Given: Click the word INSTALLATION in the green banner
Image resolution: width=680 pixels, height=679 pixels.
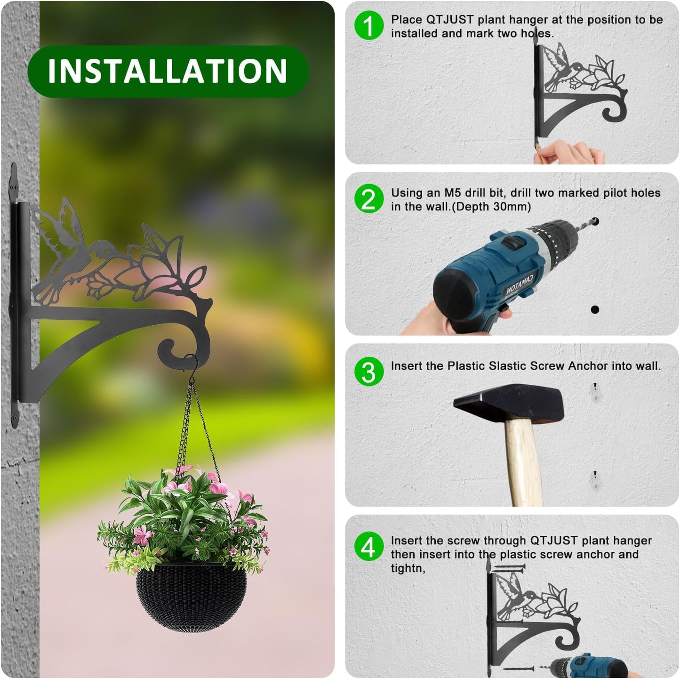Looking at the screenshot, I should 168,71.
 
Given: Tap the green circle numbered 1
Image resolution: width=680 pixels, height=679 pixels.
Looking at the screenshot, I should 368,26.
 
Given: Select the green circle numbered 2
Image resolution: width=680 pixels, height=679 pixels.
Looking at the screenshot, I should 368,199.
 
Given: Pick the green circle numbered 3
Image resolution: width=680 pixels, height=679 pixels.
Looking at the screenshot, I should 368,372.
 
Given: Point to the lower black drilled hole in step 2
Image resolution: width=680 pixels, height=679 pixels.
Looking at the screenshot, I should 595,309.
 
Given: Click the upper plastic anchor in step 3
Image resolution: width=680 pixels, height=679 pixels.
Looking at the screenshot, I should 595,393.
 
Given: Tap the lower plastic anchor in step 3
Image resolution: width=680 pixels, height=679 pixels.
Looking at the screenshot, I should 595,480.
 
